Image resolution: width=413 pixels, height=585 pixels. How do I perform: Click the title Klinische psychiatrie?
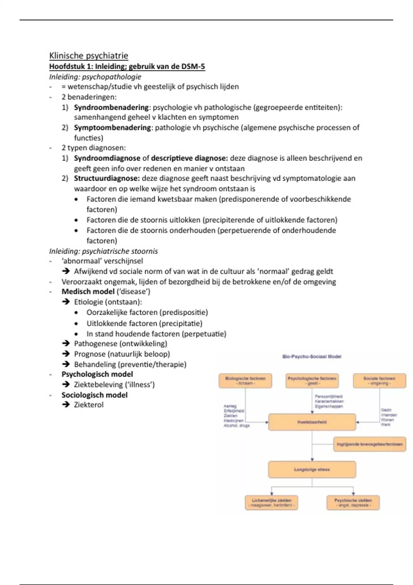tap(88, 56)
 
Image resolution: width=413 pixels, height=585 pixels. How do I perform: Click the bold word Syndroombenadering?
tap(111, 107)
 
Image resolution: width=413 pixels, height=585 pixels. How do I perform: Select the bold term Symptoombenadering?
tap(112, 128)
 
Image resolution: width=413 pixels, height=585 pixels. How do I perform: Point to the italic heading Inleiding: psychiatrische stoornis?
tap(103, 251)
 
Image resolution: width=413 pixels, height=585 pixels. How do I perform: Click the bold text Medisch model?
tap(88, 292)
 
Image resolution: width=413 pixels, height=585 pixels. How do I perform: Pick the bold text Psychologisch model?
tap(97, 374)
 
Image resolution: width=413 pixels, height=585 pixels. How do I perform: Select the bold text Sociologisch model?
tap(94, 395)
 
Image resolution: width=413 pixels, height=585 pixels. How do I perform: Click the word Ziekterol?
tap(88, 405)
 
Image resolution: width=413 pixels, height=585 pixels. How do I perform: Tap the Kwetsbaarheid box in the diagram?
tap(312, 422)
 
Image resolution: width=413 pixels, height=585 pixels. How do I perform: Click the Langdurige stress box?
tap(312, 470)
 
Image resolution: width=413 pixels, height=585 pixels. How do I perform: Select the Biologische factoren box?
tap(245, 381)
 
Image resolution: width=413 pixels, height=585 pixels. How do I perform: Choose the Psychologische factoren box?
tap(312, 381)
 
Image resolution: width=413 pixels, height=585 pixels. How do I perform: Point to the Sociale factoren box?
tap(379, 381)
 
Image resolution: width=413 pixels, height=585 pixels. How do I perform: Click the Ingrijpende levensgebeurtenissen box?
tap(370, 444)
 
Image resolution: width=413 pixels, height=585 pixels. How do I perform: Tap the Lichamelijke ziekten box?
tap(271, 503)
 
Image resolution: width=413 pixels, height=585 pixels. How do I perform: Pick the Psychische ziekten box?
tap(353, 503)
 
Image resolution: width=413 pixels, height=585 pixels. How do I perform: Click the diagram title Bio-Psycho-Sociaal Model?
tap(311, 357)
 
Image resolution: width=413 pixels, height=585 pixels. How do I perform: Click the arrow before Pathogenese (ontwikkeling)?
tap(66, 343)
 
